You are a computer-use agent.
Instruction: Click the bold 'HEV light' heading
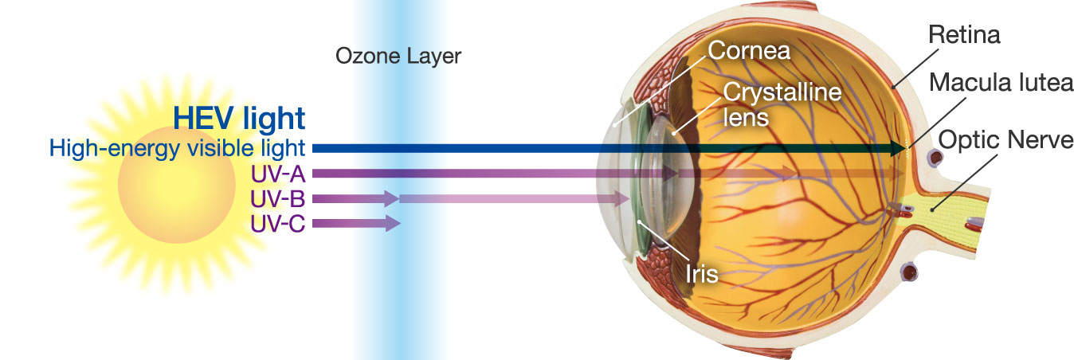coord(239,118)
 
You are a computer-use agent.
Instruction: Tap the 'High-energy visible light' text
coord(177,149)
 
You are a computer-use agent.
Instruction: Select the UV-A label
coord(277,174)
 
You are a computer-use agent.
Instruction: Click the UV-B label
coord(277,198)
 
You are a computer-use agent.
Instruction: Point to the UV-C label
coord(277,223)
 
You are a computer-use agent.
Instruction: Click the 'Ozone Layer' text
coord(398,57)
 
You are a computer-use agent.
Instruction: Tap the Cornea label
coord(749,51)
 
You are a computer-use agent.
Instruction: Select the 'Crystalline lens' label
coord(782,104)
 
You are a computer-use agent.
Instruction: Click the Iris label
coord(701,274)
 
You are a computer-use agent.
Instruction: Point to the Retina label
coord(964,35)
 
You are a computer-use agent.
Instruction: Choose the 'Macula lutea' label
coord(1001,83)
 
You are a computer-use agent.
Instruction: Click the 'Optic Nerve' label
coord(1005,140)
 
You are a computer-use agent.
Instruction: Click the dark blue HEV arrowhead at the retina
coord(898,149)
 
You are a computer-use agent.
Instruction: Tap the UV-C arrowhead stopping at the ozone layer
coord(393,223)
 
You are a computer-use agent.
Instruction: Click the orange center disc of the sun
coord(176,185)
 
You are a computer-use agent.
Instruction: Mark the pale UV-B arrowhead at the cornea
coord(622,198)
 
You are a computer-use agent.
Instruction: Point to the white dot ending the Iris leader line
coord(639,222)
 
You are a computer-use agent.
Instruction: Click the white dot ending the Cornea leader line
coord(614,125)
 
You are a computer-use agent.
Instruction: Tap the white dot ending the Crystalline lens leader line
coord(674,133)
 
